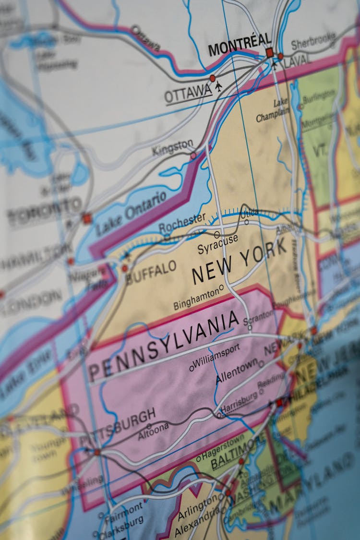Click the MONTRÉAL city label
pos(239,47)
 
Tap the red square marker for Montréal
pos(269,52)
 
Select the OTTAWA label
pos(188,93)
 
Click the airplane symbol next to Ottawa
pos(219,86)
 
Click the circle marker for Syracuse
pos(217,234)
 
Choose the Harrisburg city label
pos(240,403)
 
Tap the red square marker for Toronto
pos(86,218)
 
